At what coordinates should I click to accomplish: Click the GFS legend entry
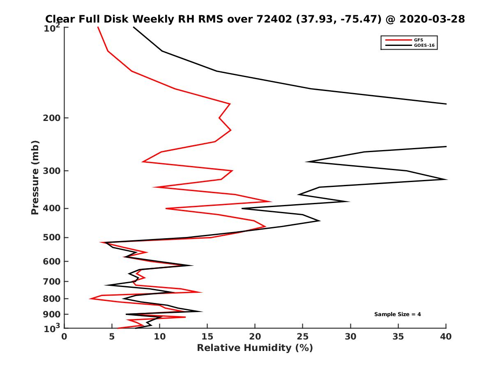click(419, 40)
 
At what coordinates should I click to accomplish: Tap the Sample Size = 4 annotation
click(397, 314)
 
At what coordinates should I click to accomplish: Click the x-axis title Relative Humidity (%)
click(255, 348)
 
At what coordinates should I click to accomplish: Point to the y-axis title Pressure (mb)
click(35, 177)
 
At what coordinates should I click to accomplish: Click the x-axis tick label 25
click(302, 337)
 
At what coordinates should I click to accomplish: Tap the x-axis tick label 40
click(446, 337)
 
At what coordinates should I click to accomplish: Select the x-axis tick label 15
click(207, 337)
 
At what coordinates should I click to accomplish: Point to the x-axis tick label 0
click(65, 337)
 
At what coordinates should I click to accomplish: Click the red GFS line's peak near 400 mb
click(271, 201)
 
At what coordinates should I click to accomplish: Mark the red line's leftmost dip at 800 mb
click(90, 299)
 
